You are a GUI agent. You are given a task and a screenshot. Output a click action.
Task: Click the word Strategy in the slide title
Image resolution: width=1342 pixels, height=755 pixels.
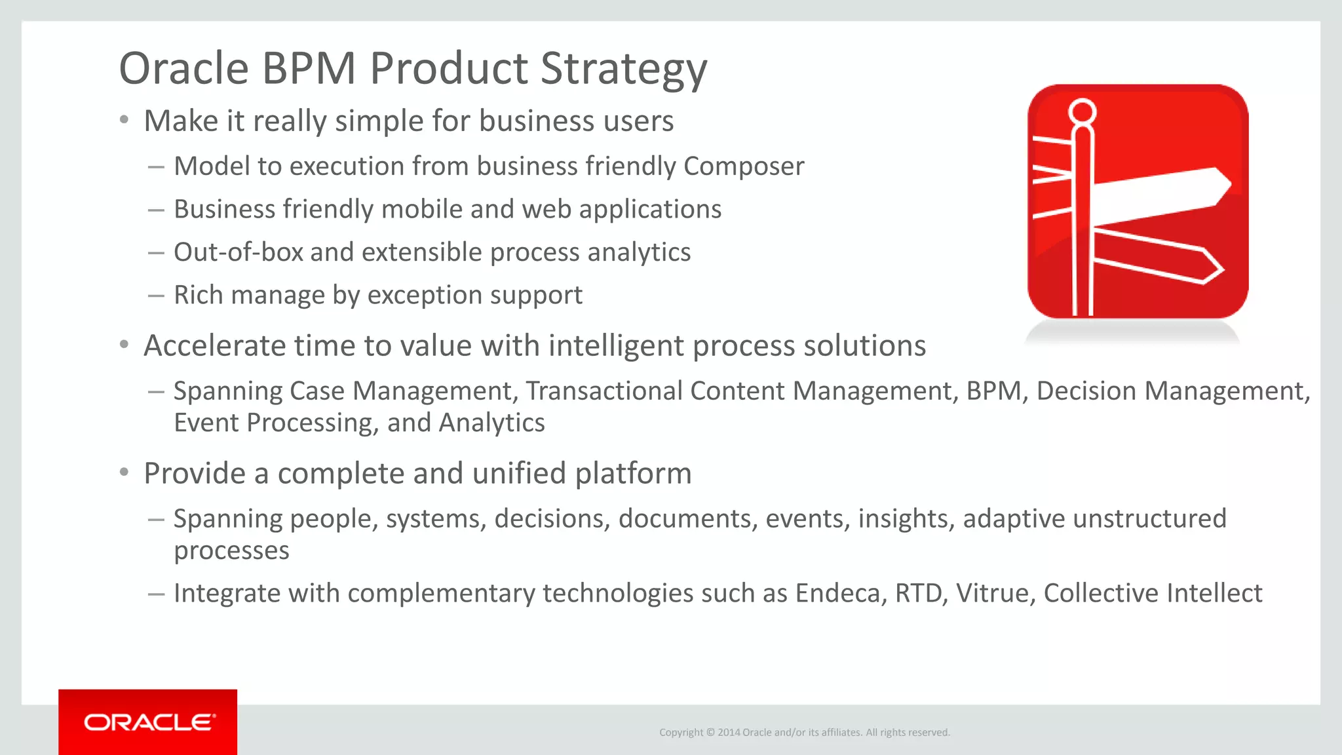[623, 69]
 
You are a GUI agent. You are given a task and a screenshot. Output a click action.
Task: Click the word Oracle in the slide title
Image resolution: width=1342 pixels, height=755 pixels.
[184, 68]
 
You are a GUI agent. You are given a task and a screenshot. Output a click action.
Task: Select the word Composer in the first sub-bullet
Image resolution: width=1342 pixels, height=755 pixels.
[743, 166]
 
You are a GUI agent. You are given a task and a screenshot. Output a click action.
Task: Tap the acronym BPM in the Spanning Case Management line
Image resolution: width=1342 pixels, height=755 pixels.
[993, 391]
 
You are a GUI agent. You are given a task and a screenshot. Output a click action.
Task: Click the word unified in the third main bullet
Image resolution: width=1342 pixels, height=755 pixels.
[519, 474]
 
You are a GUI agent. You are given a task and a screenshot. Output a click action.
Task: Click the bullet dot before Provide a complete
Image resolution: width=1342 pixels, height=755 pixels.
[125, 473]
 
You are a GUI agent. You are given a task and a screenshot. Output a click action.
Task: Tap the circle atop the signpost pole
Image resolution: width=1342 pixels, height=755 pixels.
[1082, 111]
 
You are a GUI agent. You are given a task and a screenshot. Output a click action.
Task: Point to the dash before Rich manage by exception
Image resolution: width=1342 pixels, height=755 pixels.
[156, 296]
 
